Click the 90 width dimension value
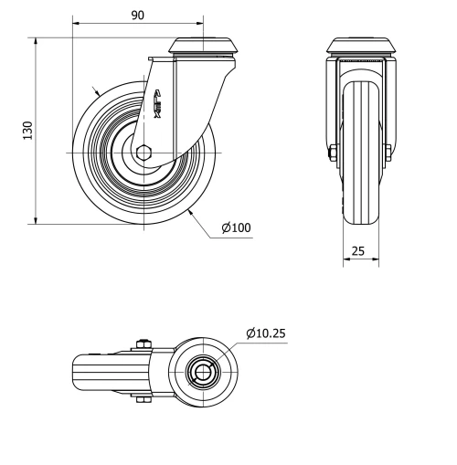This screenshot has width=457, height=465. coord(137,15)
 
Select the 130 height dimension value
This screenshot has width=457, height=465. coord(27,130)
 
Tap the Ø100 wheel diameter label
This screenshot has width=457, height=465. coord(235,228)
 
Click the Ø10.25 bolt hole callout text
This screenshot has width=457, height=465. coord(266,333)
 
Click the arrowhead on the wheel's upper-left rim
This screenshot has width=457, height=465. coord(99,93)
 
